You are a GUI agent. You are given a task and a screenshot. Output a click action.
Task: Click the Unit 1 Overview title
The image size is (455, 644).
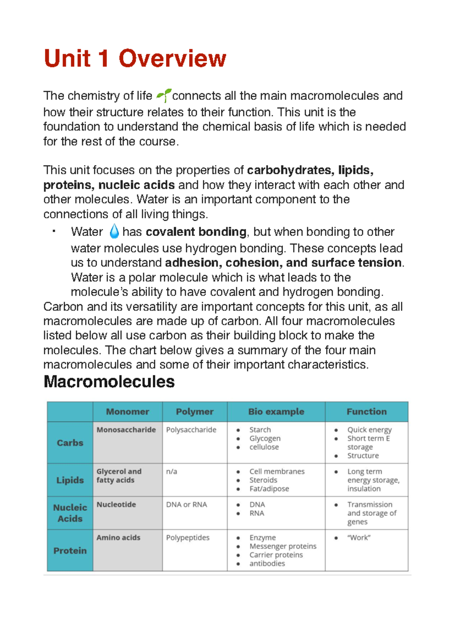pos(135,59)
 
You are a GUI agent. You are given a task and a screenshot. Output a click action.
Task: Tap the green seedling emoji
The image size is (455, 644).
pos(163,95)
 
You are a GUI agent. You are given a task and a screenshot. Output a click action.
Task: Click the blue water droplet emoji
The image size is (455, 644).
pos(114,231)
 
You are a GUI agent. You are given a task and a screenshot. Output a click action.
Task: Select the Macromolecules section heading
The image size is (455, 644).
pos(109,382)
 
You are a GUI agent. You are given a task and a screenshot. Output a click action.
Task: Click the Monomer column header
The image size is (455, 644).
pos(127,412)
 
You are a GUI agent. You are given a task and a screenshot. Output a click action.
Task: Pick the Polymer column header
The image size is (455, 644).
pos(195,412)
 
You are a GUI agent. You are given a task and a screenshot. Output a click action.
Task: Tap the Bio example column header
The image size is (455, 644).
pos(276,412)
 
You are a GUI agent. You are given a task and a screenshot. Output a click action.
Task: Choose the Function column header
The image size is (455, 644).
pos(366,412)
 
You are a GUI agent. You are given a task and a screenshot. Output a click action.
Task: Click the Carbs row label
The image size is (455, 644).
pos(70,443)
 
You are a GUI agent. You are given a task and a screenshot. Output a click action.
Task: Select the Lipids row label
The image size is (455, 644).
pos(70,480)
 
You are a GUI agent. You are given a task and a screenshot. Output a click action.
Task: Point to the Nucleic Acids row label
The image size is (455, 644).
pos(70,513)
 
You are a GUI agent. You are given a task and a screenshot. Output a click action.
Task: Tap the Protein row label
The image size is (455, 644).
pos(70,551)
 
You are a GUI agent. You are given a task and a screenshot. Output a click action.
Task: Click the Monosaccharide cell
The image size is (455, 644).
pos(126,430)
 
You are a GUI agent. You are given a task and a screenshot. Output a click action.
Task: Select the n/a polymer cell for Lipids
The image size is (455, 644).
pos(171,472)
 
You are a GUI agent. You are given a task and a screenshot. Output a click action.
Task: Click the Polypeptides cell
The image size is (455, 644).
pos(188,538)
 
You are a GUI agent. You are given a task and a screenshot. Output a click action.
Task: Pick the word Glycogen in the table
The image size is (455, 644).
pos(265,439)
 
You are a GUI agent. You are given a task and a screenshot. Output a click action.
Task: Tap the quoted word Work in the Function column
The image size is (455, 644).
pos(359,538)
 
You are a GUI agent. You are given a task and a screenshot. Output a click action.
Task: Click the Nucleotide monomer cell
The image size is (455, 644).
pos(116,505)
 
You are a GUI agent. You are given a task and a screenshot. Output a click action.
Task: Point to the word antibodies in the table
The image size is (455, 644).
pos(267,563)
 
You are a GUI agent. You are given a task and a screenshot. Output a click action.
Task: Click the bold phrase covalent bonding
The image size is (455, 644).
pos(196,232)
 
